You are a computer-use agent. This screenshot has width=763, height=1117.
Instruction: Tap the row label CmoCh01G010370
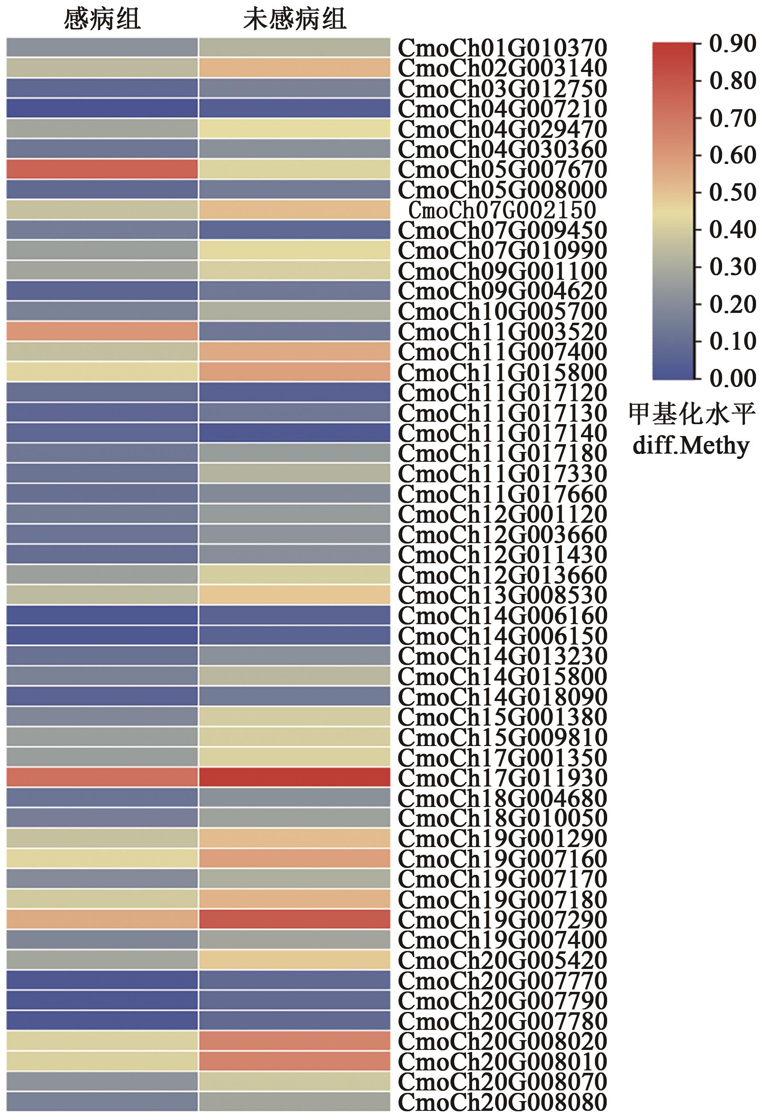[502, 48]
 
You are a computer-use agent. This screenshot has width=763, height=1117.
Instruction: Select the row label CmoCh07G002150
[502, 210]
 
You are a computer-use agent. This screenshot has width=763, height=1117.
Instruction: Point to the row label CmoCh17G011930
[502, 778]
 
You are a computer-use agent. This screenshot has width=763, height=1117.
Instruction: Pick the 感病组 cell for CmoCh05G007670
[102, 170]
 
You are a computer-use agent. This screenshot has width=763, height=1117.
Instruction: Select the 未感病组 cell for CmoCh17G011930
[294, 778]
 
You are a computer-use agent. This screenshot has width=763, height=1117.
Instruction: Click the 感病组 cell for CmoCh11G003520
[102, 332]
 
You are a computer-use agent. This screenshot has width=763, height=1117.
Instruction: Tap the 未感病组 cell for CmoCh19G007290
[294, 919]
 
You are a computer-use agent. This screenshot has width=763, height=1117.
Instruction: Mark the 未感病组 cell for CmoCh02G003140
[294, 68]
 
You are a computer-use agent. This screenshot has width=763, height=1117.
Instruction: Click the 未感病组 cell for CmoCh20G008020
[294, 1041]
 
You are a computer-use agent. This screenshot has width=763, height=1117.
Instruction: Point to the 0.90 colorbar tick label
[732, 44]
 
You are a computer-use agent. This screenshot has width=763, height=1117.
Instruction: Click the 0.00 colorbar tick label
[732, 378]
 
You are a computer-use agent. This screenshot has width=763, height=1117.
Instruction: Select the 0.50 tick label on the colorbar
[732, 192]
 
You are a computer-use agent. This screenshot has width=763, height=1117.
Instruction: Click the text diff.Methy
[691, 445]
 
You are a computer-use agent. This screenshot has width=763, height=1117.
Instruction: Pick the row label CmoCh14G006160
[502, 616]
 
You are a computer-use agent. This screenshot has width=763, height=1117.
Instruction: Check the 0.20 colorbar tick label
[732, 304]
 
